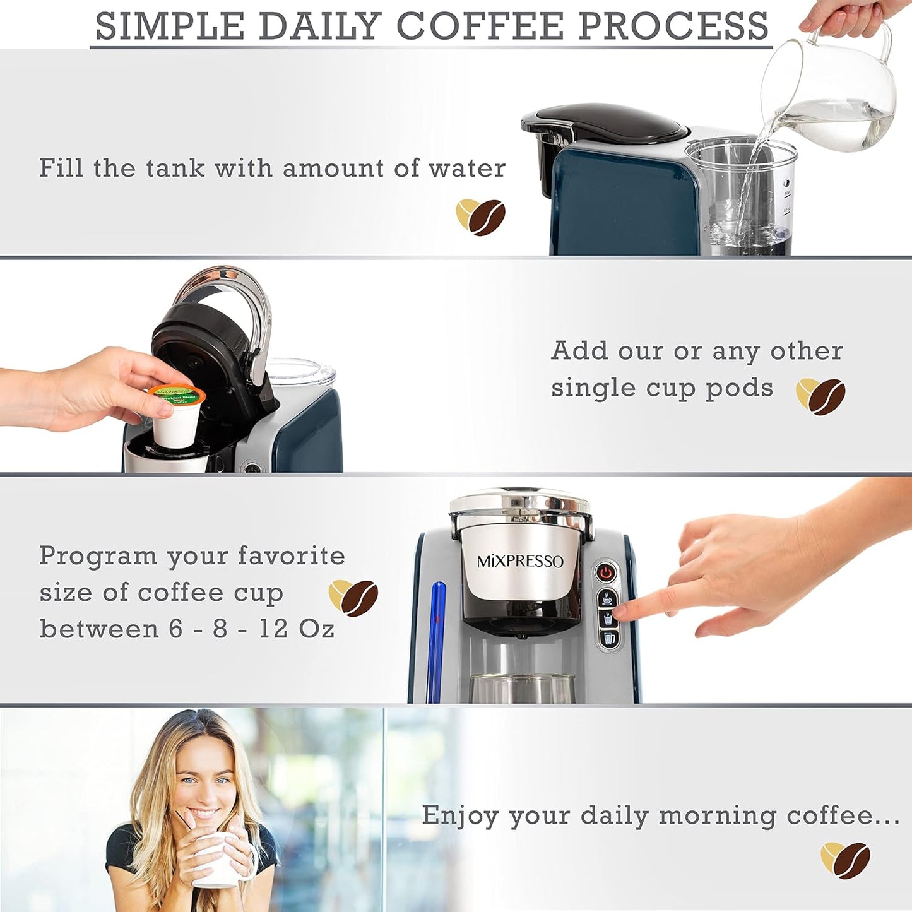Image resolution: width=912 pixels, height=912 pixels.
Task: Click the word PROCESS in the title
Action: point(673,26)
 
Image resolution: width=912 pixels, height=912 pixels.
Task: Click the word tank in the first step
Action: point(175,169)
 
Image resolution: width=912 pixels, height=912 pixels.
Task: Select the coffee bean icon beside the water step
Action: point(481,217)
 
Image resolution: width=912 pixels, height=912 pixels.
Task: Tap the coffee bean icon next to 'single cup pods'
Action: point(820,396)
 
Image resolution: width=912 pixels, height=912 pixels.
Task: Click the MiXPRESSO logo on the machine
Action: point(519,561)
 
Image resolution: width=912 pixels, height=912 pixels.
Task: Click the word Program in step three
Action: point(98,557)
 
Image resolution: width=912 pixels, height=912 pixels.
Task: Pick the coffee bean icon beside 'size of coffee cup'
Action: point(353,598)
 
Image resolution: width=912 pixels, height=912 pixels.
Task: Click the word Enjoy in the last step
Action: point(460,815)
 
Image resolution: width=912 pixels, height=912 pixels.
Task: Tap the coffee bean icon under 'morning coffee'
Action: point(846,860)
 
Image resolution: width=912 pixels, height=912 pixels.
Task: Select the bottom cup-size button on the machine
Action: point(608,639)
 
